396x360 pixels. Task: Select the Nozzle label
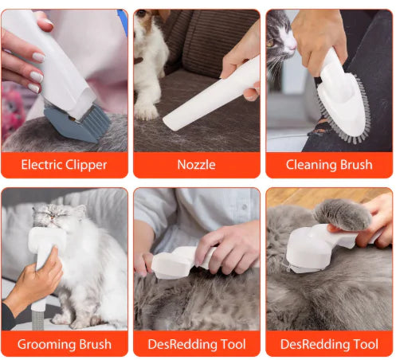[x=196, y=166]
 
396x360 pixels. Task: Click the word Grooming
[x=45, y=345]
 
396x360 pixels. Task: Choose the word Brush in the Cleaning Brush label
[x=355, y=166]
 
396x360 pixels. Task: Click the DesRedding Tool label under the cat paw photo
[x=329, y=345]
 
